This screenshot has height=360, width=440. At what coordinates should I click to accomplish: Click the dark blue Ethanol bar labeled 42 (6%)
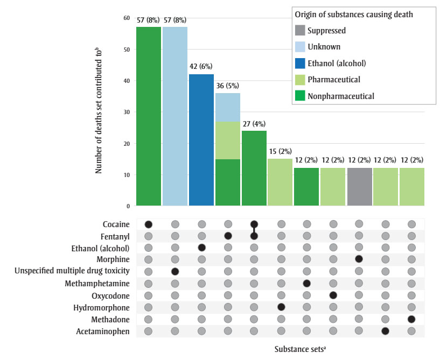[x=201, y=140]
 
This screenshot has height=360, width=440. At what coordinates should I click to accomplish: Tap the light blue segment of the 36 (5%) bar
[x=228, y=107]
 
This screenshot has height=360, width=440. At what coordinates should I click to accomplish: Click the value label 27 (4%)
[x=254, y=123]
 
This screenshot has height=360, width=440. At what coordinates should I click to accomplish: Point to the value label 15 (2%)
[x=281, y=151]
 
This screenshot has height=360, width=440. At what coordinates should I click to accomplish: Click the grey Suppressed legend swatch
[x=301, y=31]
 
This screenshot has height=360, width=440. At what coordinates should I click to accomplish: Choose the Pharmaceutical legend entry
[x=334, y=80]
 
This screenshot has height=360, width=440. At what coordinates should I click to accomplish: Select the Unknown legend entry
[x=324, y=47]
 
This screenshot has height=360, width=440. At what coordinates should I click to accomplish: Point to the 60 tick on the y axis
[x=127, y=18]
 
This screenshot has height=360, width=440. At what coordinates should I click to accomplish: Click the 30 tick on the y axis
[x=127, y=112]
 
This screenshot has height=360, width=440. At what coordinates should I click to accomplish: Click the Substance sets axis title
[x=300, y=348]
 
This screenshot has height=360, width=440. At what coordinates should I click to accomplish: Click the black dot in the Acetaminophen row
[x=386, y=331]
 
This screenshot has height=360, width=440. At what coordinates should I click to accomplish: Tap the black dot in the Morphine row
[x=359, y=259]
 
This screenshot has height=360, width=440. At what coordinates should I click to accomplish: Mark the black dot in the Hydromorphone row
[x=281, y=307]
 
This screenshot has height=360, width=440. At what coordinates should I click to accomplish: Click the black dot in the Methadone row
[x=412, y=319]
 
